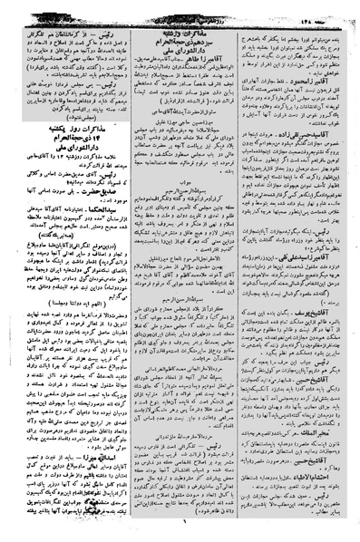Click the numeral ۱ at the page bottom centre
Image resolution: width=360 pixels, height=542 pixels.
[x=180, y=532]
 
